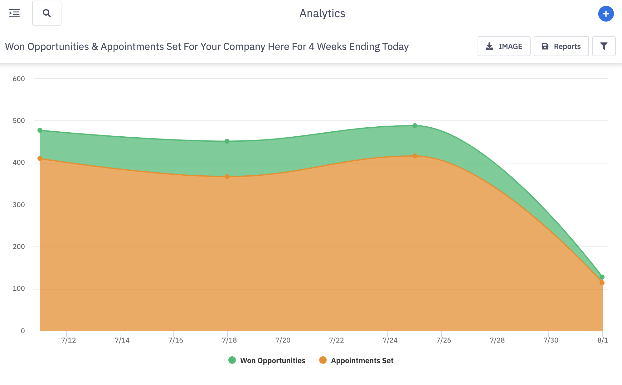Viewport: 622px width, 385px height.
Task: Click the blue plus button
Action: tap(606, 14)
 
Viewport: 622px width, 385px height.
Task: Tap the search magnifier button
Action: tap(47, 13)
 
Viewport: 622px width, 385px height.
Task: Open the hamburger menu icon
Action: tap(14, 13)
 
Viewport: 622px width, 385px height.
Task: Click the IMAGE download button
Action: tap(504, 46)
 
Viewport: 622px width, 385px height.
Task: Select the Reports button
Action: tap(561, 46)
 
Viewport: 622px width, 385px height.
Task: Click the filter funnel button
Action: tap(604, 46)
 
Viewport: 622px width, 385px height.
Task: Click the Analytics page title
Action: tap(322, 13)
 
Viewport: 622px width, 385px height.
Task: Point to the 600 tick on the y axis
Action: tap(19, 79)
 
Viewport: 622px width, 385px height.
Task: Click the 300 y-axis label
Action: tap(19, 205)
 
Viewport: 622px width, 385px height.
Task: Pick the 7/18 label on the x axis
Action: tap(229, 340)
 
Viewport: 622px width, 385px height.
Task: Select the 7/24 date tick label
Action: tap(390, 340)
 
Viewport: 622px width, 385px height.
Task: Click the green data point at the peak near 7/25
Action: tap(415, 126)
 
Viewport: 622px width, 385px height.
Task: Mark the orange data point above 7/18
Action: tap(227, 177)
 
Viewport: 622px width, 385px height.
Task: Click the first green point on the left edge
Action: tap(40, 130)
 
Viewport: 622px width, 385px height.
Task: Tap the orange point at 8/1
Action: tap(602, 283)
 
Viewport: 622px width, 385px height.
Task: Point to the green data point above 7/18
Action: tap(227, 141)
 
